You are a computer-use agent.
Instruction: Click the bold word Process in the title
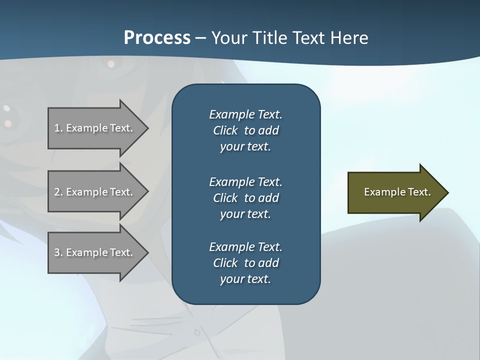157,38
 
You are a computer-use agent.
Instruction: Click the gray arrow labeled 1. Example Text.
95,128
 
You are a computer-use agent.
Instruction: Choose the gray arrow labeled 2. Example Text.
95,192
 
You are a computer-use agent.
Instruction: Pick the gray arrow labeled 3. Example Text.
95,252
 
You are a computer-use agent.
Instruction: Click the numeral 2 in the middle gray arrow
57,192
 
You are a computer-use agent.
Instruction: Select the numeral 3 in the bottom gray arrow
57,252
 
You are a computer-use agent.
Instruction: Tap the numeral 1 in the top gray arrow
57,128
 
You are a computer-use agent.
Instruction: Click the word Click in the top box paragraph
225,130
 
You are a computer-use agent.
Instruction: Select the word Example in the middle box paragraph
231,181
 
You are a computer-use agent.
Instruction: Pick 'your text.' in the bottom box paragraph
245,279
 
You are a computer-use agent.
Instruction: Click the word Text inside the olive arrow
419,192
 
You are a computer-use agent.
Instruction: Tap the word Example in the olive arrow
384,192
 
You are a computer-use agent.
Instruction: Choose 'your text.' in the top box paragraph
245,146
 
